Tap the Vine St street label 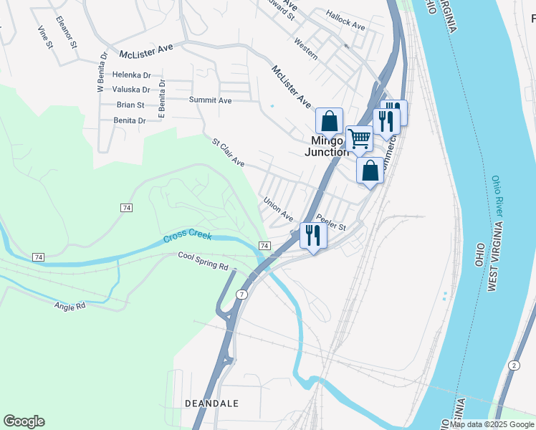46,37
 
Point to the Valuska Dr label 131,90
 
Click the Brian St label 130,105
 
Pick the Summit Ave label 210,100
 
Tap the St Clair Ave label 228,153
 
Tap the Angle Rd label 70,305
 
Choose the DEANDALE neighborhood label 211,403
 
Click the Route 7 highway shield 243,295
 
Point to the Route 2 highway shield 515,365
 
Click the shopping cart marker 359,138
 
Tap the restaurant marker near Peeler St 312,234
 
